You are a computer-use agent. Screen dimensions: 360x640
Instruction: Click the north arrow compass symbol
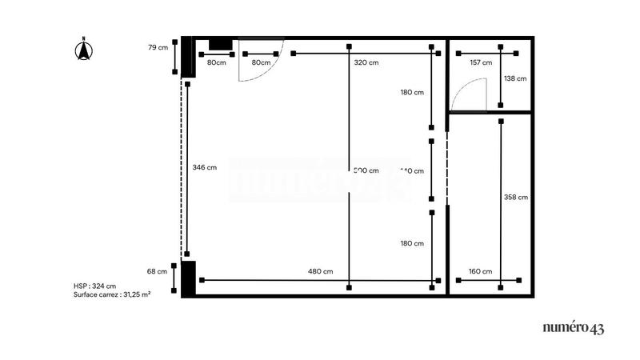coord(82,50)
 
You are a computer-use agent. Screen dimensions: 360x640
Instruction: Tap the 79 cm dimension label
coord(158,47)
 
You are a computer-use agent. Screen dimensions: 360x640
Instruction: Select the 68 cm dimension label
coord(158,271)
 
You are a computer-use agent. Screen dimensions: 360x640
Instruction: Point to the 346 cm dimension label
coord(205,167)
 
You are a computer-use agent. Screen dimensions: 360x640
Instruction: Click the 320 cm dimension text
coord(366,62)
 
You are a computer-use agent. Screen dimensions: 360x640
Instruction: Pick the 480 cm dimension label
coord(320,271)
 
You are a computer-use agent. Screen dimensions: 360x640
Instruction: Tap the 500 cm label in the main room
coord(366,170)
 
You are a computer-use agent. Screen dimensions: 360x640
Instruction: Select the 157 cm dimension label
coord(481,62)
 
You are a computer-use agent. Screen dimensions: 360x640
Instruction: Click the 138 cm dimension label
coord(516,78)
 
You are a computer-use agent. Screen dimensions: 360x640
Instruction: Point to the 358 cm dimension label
coord(516,196)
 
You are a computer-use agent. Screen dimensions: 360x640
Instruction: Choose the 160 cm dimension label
coord(481,271)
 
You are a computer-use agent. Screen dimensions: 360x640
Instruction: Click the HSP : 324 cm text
coord(94,286)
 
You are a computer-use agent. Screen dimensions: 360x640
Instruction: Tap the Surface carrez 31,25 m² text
coord(112,294)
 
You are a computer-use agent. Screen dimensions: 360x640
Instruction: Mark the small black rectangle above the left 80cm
coord(220,43)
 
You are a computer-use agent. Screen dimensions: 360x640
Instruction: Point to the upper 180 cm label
coord(412,92)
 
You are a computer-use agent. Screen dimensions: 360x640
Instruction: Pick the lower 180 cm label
coord(412,243)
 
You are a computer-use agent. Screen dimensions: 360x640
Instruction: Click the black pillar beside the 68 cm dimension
coord(188,278)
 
